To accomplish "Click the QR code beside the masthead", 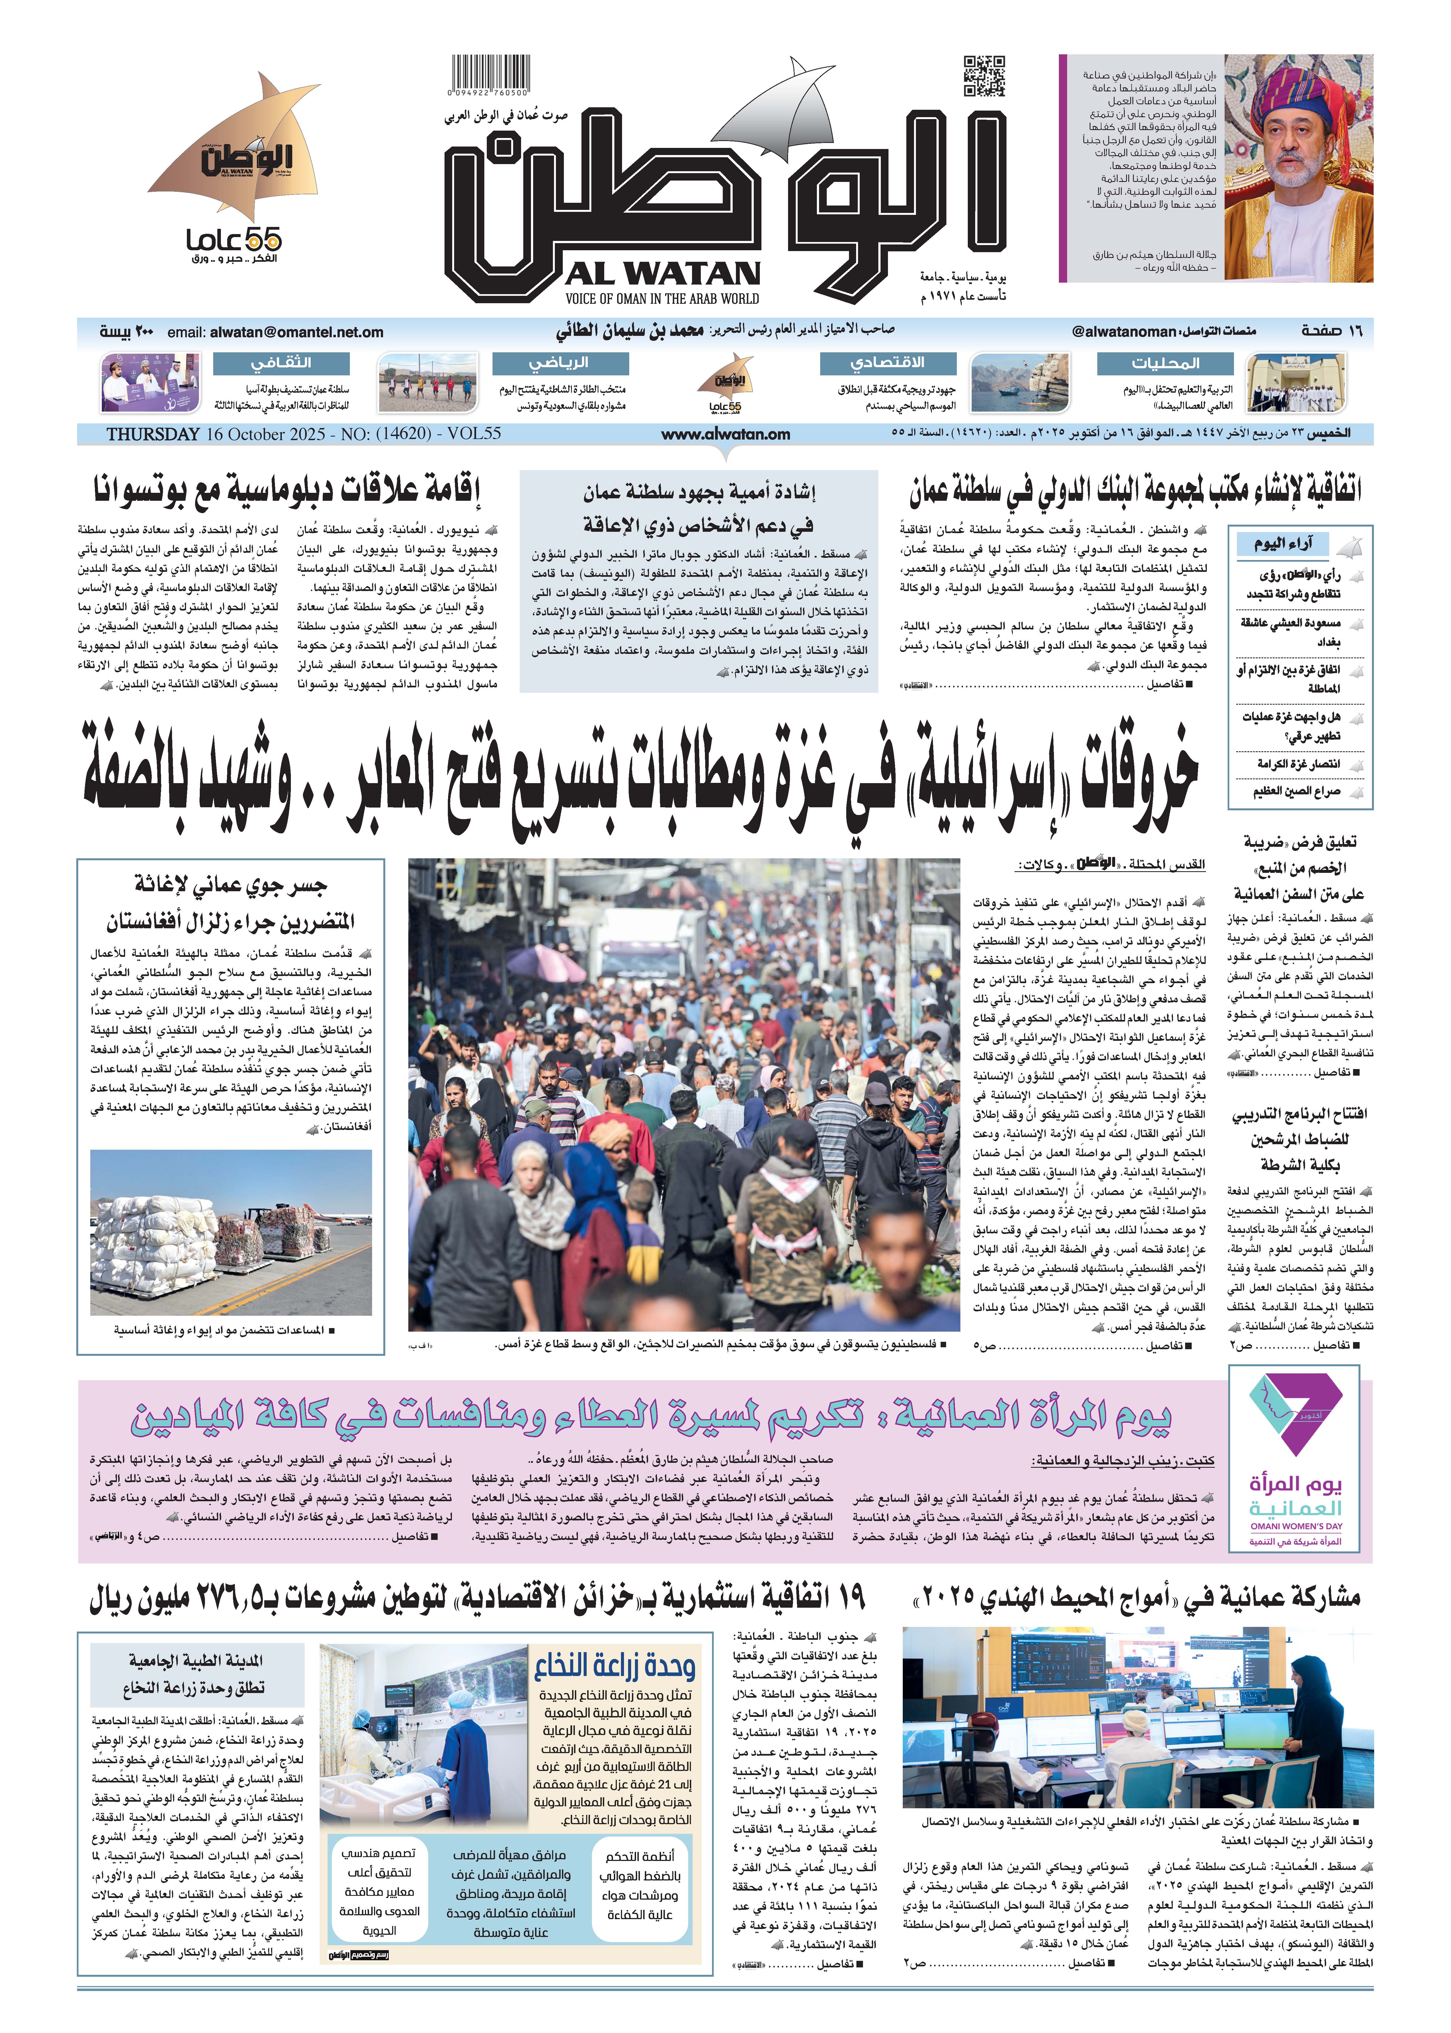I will (x=984, y=76).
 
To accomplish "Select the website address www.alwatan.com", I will (x=725, y=434).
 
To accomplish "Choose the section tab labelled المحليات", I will (x=1165, y=364).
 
